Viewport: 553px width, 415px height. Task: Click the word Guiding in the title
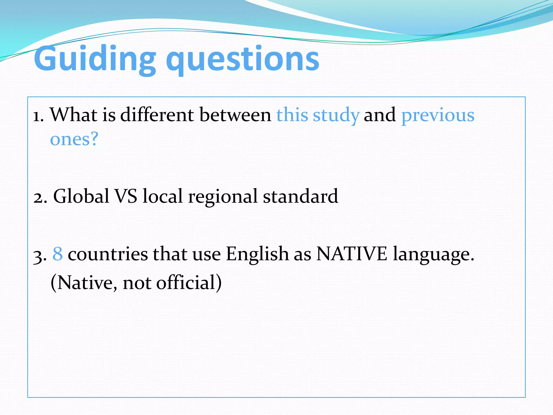95,59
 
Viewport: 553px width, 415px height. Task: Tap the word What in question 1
74,115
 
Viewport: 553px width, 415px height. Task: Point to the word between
235,115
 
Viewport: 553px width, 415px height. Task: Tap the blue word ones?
74,139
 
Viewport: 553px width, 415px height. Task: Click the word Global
81,196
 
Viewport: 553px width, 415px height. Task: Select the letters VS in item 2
126,196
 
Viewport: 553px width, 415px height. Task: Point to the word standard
301,196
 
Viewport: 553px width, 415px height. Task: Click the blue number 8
58,254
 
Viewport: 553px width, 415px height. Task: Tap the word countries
108,254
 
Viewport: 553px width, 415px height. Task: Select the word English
257,254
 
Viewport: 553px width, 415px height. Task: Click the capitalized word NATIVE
352,254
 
